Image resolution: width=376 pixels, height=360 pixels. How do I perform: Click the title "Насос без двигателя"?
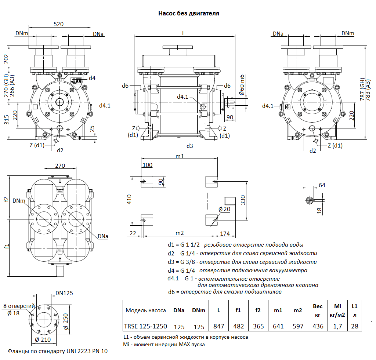point(188,14)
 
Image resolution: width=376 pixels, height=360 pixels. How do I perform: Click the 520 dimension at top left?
point(59,24)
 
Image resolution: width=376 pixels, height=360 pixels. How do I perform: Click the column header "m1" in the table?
point(278,310)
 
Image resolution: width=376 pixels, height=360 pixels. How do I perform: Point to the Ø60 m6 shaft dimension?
point(241,85)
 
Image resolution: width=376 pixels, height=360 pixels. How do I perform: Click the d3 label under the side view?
point(189,146)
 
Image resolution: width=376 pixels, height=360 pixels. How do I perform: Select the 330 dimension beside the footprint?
point(243,200)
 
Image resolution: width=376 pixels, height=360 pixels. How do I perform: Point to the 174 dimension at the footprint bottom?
point(225,233)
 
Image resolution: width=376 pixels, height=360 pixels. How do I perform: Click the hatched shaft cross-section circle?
point(309,200)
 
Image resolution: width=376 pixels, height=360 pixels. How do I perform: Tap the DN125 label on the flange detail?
point(64,293)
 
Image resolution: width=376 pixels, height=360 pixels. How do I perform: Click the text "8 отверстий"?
point(19,306)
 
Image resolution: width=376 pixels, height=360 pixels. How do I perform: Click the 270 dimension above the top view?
point(60,166)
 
